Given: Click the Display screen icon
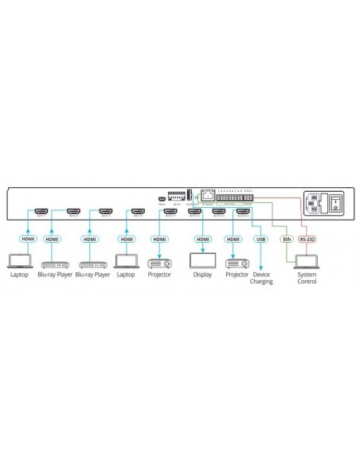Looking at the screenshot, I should pos(202,261).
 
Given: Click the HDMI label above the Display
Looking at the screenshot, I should pos(202,239).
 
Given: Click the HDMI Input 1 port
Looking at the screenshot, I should pos(42,213).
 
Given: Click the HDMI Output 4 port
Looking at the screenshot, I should pos(245,213).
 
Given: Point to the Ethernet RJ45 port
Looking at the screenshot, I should pos(208,193).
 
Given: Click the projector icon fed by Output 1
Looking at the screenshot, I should pos(160,261).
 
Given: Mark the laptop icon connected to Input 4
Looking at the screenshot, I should pos(127,261).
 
